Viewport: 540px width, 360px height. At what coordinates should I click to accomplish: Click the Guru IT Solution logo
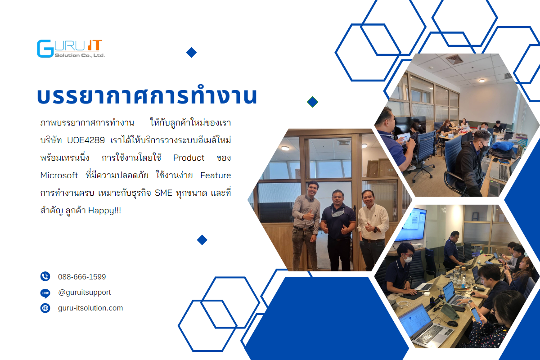pos(71,49)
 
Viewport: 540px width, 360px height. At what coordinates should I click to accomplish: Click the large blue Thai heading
pos(147,96)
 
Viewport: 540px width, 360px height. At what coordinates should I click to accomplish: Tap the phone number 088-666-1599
pos(82,277)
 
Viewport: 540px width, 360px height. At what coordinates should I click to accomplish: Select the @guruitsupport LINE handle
pos(85,292)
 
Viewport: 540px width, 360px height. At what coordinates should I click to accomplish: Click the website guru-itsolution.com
pos(90,308)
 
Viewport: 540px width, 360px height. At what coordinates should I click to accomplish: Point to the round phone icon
pos(45,276)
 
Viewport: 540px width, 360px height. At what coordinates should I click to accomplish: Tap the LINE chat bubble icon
pos(45,293)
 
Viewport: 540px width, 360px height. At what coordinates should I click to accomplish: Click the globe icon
pos(45,308)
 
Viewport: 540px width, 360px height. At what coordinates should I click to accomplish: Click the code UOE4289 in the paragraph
pos(86,140)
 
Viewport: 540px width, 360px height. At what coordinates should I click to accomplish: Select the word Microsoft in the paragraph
pos(59,175)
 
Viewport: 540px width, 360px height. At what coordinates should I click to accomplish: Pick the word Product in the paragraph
pos(189,157)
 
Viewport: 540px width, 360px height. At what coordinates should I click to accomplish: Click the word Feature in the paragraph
pos(216,175)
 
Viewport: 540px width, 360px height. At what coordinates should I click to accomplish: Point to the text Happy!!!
pos(104,211)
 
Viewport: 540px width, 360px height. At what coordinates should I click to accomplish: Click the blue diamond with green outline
pos(312,102)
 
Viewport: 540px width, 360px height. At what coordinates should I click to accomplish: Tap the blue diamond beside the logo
pos(191,53)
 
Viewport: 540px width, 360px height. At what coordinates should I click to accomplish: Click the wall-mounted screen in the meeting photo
pos(410,225)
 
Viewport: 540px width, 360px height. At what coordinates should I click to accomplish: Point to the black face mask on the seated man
pos(484,146)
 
